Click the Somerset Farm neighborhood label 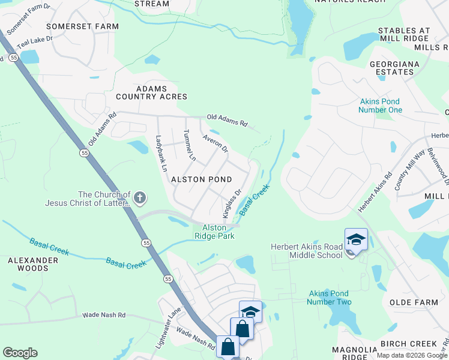(x=82, y=26)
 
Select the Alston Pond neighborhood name (x=202, y=179)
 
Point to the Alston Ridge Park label (x=214, y=232)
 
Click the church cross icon (x=140, y=197)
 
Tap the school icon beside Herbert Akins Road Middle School (x=356, y=239)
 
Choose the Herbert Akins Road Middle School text (x=306, y=251)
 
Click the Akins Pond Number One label (x=380, y=106)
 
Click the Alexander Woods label (x=33, y=264)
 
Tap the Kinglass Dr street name (x=232, y=203)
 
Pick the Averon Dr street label (x=215, y=143)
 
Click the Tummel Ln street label (x=189, y=145)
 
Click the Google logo (x=20, y=353)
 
